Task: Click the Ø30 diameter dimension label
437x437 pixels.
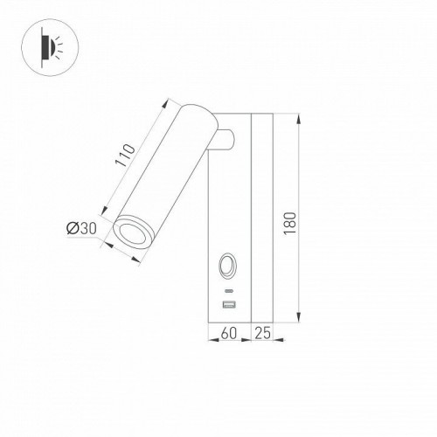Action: [80, 229]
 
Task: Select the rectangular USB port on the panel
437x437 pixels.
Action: [229, 304]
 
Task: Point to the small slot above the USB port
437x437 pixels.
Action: [229, 289]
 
